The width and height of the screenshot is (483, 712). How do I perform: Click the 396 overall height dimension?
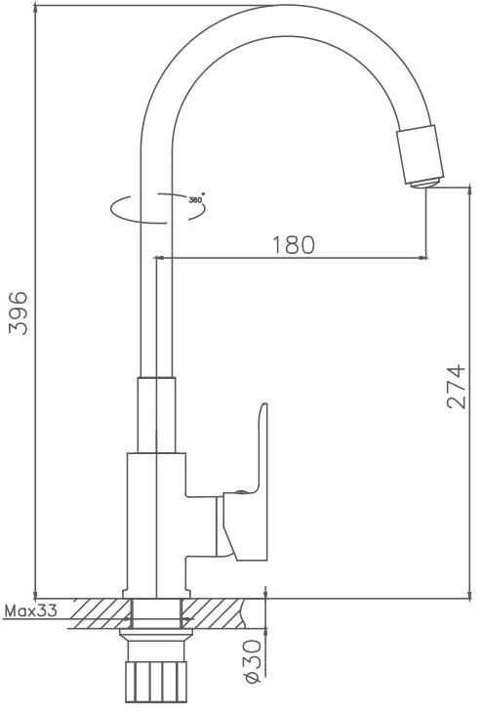pos(19,314)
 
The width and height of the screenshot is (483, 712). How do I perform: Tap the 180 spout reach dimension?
pos(293,245)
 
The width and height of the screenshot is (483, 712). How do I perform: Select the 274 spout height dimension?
pos(457,386)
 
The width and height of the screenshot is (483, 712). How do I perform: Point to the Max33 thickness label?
pos(31,610)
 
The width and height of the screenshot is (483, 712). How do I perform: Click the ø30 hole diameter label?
pos(253,661)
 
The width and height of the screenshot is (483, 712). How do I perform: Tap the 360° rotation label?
pos(196,199)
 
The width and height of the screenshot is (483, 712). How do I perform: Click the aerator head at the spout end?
pos(421,155)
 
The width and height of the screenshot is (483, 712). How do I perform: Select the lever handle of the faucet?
pos(245,482)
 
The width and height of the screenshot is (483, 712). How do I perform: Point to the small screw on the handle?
pos(241,492)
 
